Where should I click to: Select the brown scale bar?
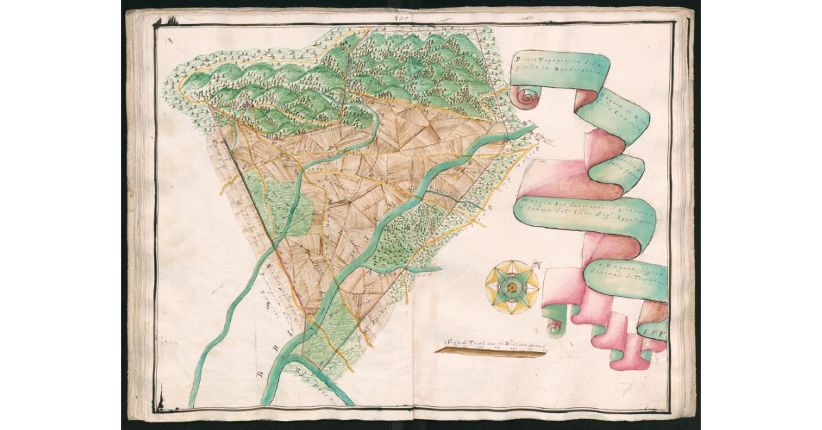[x=490, y=351]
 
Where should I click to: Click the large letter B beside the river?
[x=262, y=374]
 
